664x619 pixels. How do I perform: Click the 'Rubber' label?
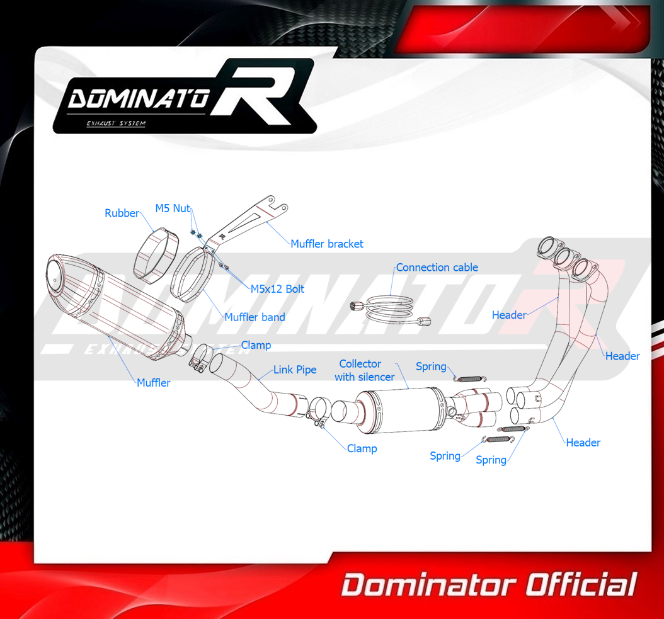click(x=122, y=213)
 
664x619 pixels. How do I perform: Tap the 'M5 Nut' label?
click(x=173, y=208)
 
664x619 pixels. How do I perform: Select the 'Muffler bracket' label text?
click(x=326, y=244)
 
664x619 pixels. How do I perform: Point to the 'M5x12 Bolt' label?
click(x=277, y=289)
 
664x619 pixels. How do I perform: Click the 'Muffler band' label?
click(x=255, y=317)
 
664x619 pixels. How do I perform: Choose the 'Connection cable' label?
click(x=437, y=268)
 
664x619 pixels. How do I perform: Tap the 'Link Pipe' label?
click(x=295, y=370)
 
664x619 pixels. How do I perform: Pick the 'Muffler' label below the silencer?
click(x=153, y=382)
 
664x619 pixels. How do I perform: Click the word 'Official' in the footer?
click(x=580, y=585)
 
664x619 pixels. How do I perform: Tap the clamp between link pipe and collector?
click(x=318, y=412)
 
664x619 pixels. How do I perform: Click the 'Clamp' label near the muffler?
click(x=256, y=345)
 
